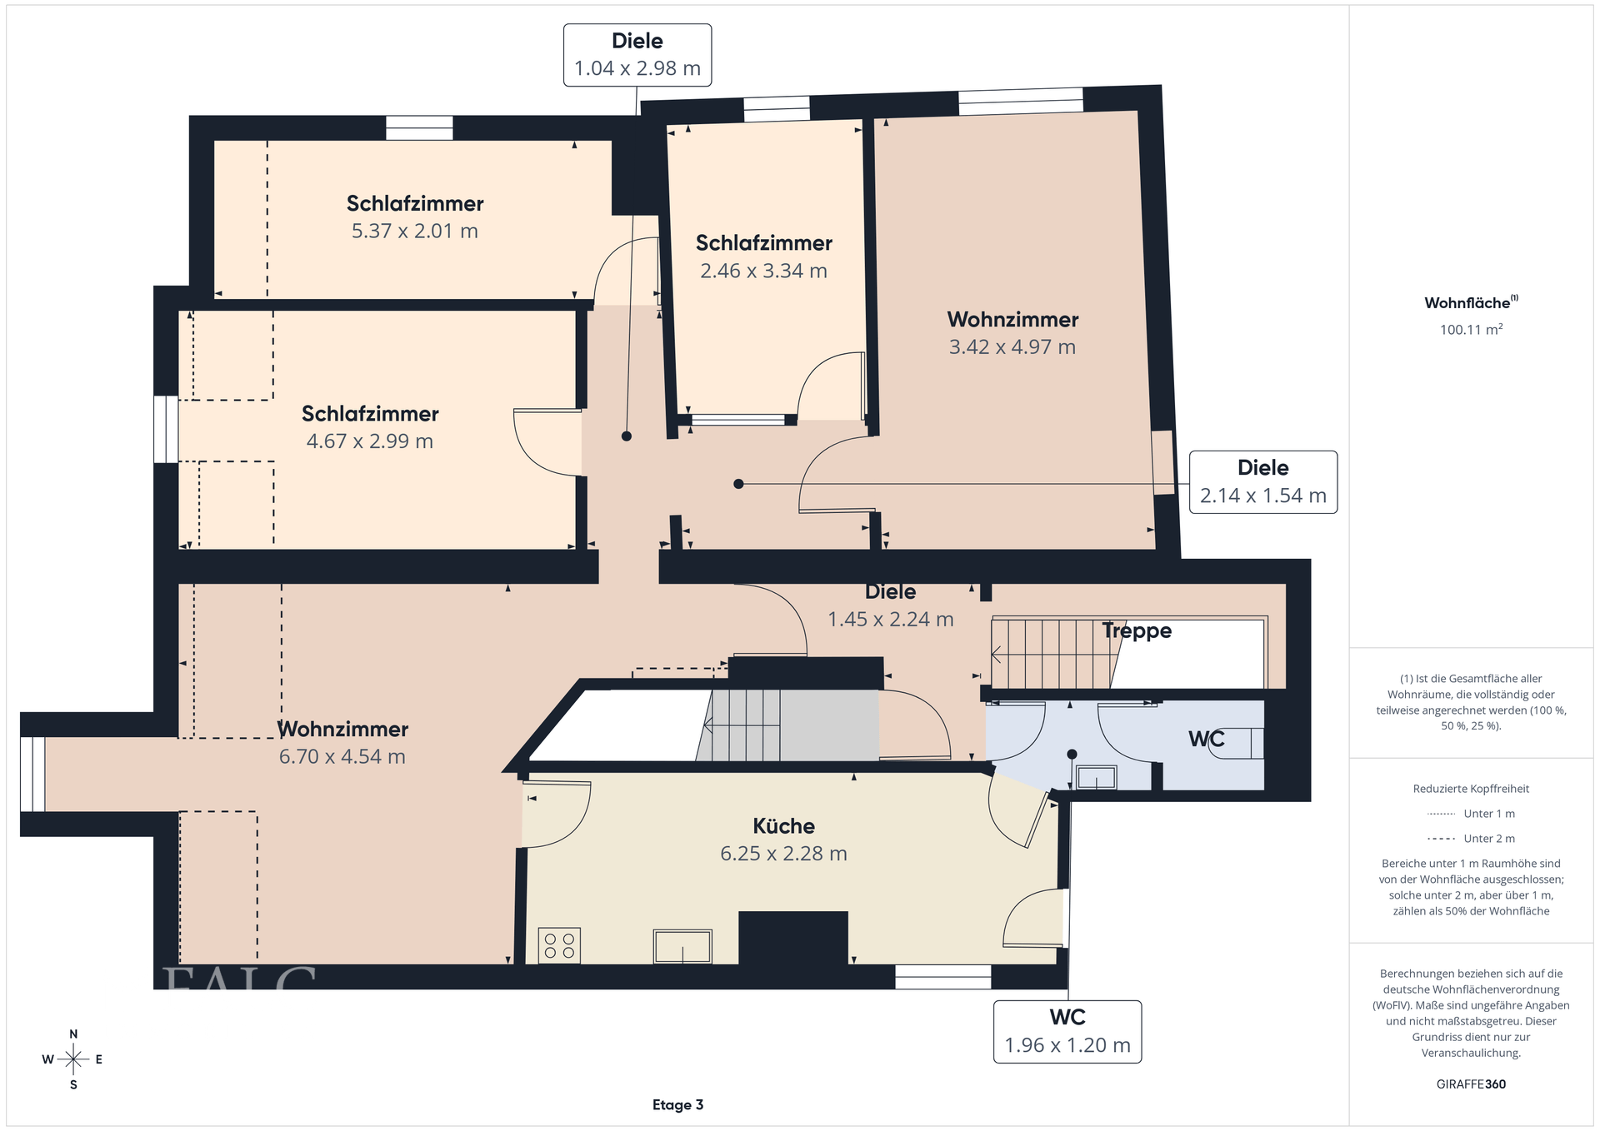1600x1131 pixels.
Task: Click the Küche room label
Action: tap(783, 826)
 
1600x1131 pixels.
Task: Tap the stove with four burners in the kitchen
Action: tap(559, 946)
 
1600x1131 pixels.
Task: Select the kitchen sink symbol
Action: tap(682, 947)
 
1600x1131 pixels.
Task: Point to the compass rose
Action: tap(73, 1059)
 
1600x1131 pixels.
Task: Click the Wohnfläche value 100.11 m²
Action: tap(1471, 330)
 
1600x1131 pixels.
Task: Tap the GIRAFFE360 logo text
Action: tap(1471, 1084)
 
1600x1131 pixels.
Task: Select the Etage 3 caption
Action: tap(677, 1105)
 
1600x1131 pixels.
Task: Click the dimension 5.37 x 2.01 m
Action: tap(415, 232)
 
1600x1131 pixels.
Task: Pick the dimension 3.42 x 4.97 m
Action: tap(1012, 347)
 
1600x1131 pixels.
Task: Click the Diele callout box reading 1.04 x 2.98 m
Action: tap(637, 55)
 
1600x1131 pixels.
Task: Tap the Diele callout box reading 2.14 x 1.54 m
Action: tap(1263, 482)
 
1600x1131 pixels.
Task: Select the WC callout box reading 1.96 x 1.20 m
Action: tap(1067, 1032)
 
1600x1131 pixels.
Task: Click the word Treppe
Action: tap(1137, 631)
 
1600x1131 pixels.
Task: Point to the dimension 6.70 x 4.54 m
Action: tap(342, 757)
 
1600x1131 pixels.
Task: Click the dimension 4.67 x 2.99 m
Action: tap(370, 441)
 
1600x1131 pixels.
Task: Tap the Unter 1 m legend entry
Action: tap(1471, 814)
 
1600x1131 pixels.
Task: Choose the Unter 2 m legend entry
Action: tap(1471, 839)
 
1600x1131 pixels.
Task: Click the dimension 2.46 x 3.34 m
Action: tap(763, 272)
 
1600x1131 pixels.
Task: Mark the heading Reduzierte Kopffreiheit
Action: tap(1471, 789)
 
